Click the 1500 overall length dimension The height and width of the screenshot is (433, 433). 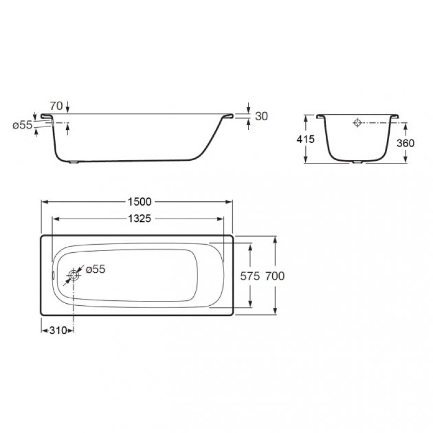click(140, 202)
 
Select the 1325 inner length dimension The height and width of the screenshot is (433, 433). click(140, 219)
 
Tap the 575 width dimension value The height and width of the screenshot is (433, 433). click(250, 276)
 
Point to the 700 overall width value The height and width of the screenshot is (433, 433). click(275, 276)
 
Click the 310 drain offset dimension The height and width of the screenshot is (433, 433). click(58, 330)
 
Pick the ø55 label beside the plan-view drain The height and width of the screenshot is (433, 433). click(96, 269)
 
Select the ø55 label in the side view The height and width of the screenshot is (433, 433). click(22, 125)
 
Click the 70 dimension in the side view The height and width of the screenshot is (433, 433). click(56, 106)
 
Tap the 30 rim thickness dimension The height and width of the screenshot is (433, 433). click(261, 116)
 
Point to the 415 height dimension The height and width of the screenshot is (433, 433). click(305, 139)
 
